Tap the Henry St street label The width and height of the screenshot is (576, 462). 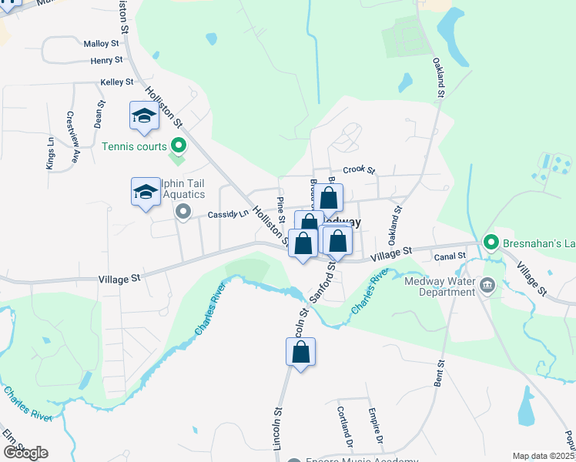[x=106, y=60]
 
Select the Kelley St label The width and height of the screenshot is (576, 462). [x=117, y=82]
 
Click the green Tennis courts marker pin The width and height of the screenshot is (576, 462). [x=179, y=144]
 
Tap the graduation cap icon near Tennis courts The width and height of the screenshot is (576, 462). [x=144, y=116]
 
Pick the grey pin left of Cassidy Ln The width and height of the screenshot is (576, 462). [x=183, y=211]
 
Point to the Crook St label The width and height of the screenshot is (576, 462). [x=358, y=170]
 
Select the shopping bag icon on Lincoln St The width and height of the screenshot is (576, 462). [x=301, y=353]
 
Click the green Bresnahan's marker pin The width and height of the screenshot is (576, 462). [x=491, y=243]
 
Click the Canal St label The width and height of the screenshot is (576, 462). [x=451, y=256]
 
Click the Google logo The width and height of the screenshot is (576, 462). [x=25, y=453]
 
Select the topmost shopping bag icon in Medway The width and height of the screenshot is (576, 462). [x=328, y=197]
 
